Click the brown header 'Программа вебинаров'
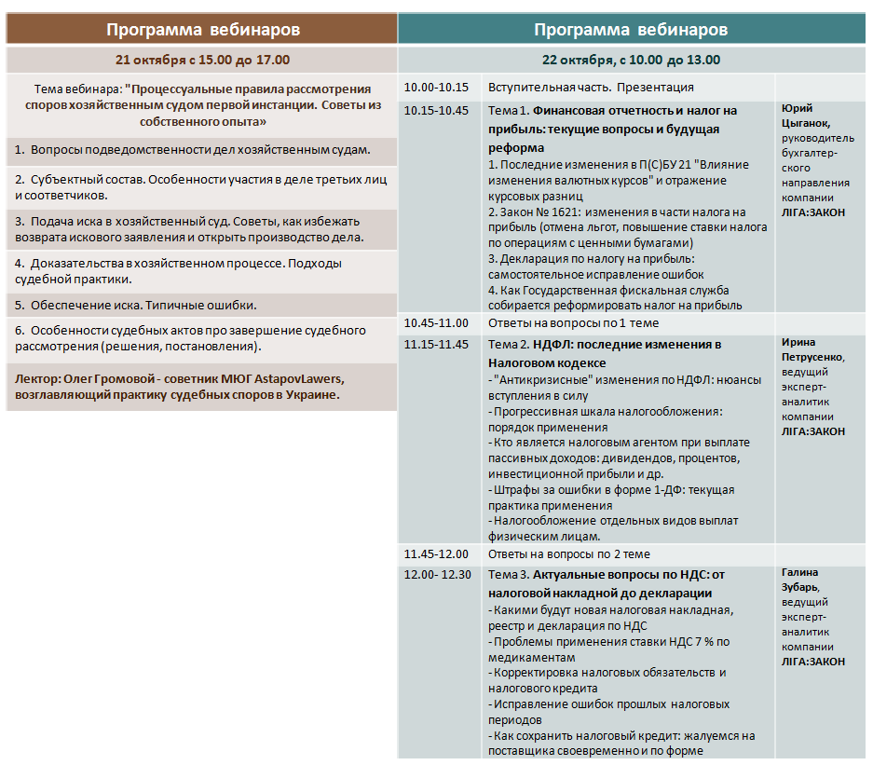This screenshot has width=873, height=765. coord(202,29)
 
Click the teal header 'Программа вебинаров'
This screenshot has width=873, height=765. coord(631,29)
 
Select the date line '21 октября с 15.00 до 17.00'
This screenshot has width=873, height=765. coord(202,60)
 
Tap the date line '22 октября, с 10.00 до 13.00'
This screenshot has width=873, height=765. coord(631,60)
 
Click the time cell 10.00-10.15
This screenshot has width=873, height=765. coord(436,88)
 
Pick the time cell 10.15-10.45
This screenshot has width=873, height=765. coord(436,111)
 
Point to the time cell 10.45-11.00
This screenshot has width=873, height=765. coord(436,323)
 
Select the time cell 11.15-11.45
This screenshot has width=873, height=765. coord(436,345)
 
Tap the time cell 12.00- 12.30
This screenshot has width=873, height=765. coord(438,575)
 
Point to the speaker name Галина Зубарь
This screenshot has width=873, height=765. coord(804,580)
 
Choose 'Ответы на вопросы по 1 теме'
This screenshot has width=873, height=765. coord(573,323)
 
